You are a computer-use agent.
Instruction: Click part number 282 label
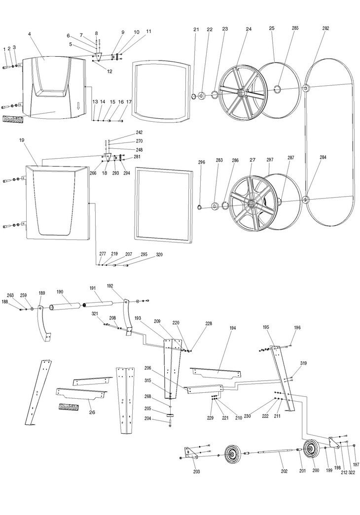point(325,29)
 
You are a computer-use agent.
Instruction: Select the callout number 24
point(249,30)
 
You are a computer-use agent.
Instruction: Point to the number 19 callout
point(21,140)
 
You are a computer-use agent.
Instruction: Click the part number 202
point(284,471)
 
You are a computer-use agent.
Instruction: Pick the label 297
point(270,160)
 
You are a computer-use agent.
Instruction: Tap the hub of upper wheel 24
point(242,93)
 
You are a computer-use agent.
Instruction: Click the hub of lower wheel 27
point(253,203)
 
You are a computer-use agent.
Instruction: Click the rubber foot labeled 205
point(171,416)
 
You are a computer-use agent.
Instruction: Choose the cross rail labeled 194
point(216,371)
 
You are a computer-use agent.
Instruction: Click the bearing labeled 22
point(204,95)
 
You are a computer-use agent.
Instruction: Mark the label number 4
point(30,34)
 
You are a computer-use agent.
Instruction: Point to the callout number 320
point(159,255)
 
